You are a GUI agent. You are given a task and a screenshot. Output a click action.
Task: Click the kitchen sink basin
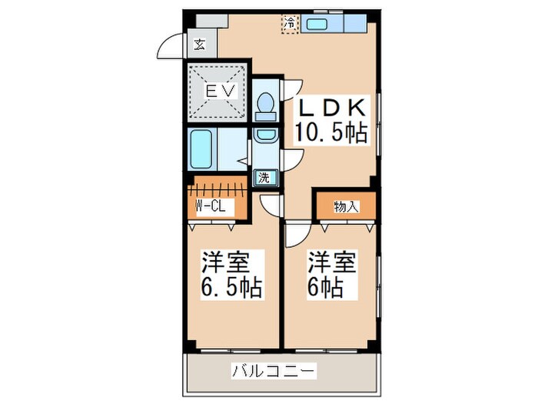[318, 24]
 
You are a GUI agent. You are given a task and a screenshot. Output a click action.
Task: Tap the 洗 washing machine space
[264, 176]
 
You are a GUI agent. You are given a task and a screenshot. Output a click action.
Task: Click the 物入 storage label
[345, 206]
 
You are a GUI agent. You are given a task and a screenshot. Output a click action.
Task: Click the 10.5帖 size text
[331, 133]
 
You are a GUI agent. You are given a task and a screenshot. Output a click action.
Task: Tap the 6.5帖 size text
[231, 288]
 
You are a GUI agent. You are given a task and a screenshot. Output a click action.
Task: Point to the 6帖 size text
[327, 288]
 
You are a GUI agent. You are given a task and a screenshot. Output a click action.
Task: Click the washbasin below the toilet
[265, 135]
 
